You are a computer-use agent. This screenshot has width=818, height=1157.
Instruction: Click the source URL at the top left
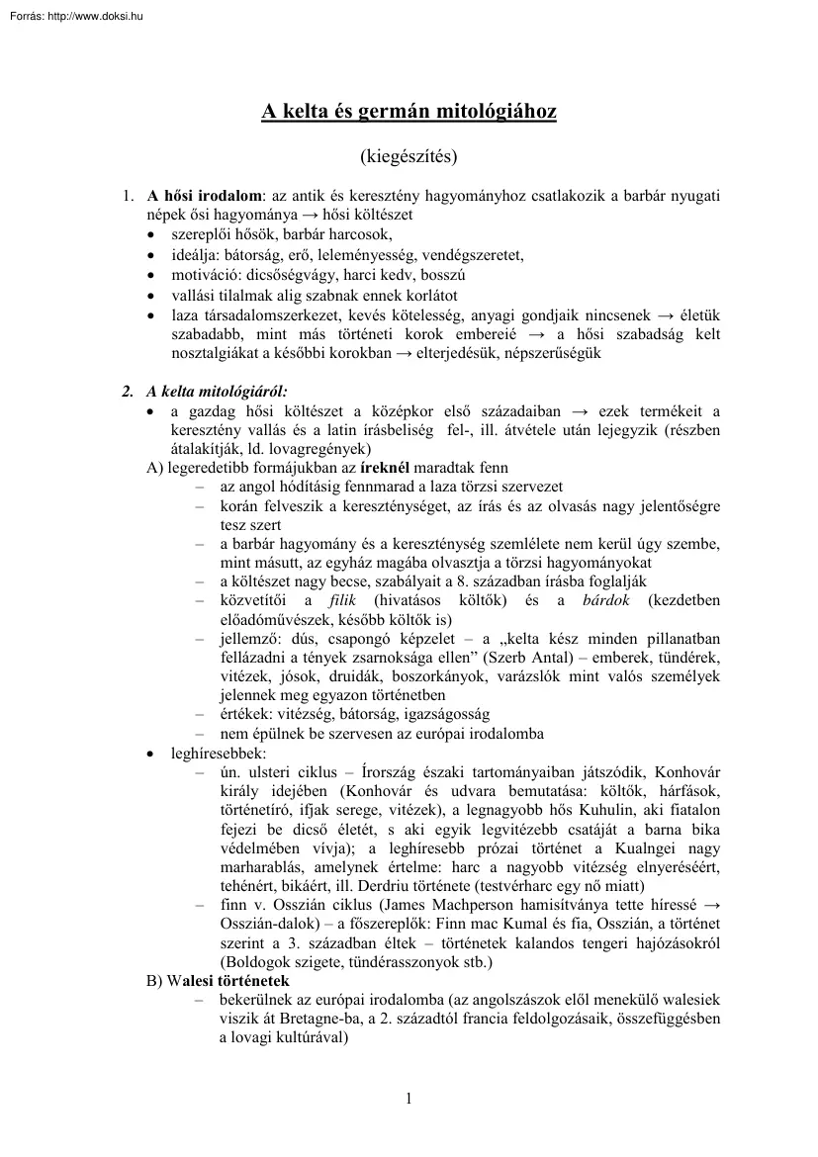click(74, 15)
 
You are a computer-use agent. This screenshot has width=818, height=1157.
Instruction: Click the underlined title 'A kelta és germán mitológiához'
click(409, 112)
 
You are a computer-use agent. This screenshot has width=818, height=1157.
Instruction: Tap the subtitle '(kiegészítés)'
click(409, 155)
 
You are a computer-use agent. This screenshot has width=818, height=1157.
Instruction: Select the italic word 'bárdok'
click(607, 601)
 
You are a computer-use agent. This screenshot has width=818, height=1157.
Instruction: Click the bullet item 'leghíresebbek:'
click(210, 752)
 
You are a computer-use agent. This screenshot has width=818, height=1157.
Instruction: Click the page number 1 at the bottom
click(409, 1098)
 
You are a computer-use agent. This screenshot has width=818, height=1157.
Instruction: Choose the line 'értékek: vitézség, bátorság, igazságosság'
click(354, 714)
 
